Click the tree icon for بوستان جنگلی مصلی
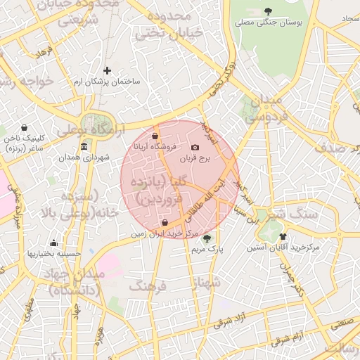[x=269, y=11]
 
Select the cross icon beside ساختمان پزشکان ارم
[x=107, y=70]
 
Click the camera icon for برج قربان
[x=195, y=147]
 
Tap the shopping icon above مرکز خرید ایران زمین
[x=165, y=223]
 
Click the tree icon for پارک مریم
[x=206, y=238]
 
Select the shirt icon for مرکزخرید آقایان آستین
[x=283, y=237]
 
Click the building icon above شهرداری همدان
[x=84, y=146]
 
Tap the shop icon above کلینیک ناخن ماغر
[x=25, y=128]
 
